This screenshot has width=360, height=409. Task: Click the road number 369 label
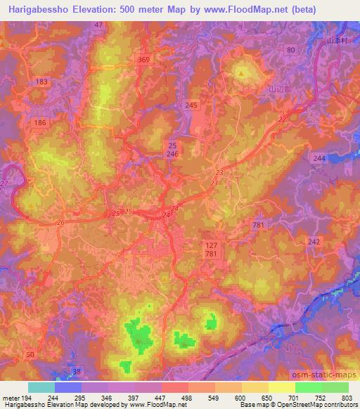[x=145, y=60]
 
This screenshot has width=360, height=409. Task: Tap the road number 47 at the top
[x=98, y=25]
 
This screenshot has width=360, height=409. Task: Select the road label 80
[x=292, y=49]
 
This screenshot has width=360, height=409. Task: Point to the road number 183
[x=41, y=82]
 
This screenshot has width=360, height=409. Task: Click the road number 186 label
[x=40, y=122]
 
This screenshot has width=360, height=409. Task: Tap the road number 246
[x=173, y=152]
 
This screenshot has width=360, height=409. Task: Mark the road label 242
[x=314, y=241]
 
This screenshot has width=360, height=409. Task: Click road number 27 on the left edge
[x=5, y=184]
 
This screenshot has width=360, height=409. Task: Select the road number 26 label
[x=61, y=223]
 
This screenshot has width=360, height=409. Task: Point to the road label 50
[x=30, y=356]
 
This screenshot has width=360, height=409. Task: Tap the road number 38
[x=77, y=371]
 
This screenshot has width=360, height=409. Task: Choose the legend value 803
[x=344, y=398]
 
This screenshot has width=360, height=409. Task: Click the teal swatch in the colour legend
[x=41, y=387]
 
